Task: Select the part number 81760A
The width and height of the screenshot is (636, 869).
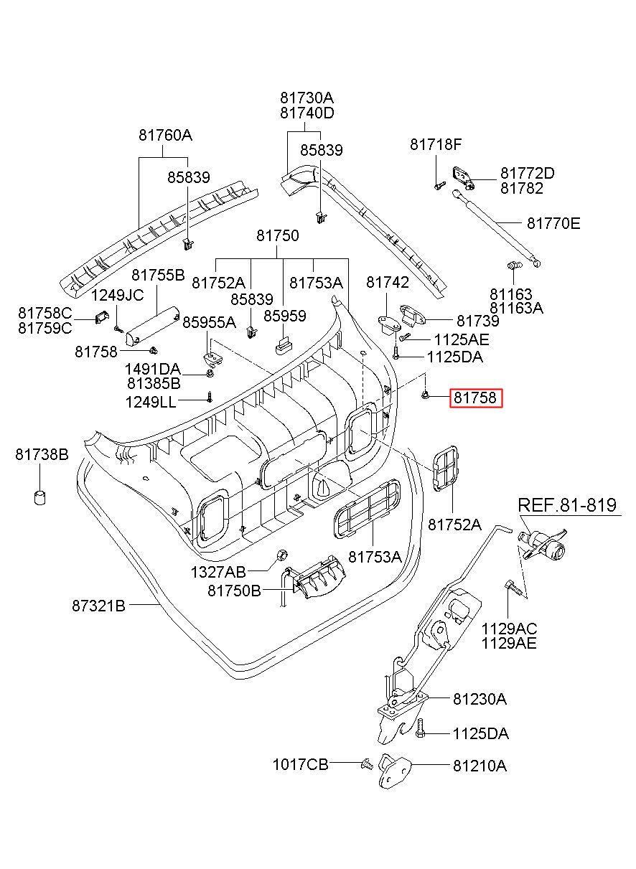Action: pyautogui.click(x=166, y=135)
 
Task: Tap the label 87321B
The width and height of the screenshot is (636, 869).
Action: pyautogui.click(x=98, y=606)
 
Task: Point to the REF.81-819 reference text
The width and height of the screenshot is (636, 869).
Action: pyautogui.click(x=567, y=504)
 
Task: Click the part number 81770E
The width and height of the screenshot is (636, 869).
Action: pyautogui.click(x=553, y=223)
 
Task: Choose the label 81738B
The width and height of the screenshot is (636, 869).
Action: pyautogui.click(x=42, y=454)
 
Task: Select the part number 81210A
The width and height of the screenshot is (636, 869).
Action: pyautogui.click(x=479, y=766)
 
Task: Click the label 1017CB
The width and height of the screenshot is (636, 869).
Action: pyautogui.click(x=300, y=765)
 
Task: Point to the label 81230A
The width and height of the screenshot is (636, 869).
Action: pyautogui.click(x=479, y=699)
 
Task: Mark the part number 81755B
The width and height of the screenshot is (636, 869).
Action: pyautogui.click(x=158, y=275)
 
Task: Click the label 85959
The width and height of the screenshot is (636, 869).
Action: pyautogui.click(x=284, y=316)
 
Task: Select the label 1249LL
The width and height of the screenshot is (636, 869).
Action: pyautogui.click(x=150, y=402)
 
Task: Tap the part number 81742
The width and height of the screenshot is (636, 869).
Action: pyautogui.click(x=387, y=283)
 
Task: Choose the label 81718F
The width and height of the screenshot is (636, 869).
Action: pyautogui.click(x=436, y=144)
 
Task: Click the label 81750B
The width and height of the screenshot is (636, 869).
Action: pyautogui.click(x=235, y=590)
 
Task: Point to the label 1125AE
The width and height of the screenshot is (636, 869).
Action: pyautogui.click(x=461, y=339)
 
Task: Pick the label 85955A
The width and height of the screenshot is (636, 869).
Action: pyautogui.click(x=209, y=322)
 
